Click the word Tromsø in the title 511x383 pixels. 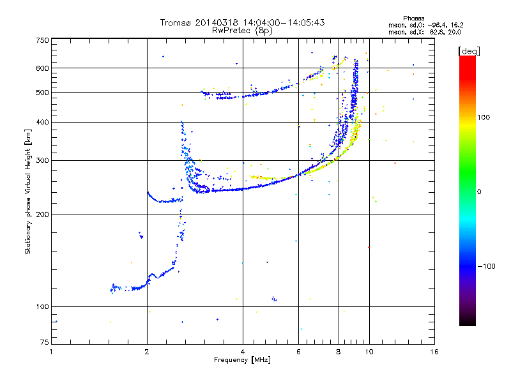tap(174, 22)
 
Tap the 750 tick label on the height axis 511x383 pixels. tap(42, 40)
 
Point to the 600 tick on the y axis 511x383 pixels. tap(42, 68)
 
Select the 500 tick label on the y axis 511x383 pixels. tap(42, 93)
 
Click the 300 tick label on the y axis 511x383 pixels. tap(42, 161)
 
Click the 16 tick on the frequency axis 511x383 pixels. tap(434, 352)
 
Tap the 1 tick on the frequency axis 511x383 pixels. tap(51, 352)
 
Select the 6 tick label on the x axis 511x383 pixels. tap(298, 352)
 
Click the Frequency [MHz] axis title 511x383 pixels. tap(241, 361)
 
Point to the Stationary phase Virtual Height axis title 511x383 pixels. tap(28, 191)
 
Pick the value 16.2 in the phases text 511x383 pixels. tap(452, 25)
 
